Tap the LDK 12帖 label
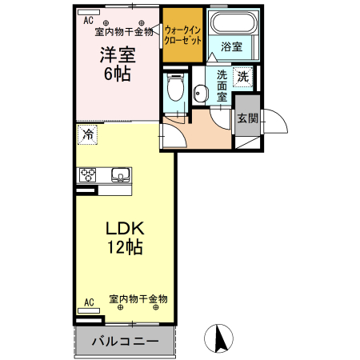(125, 238)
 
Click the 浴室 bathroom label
(233, 47)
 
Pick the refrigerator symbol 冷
(88, 134)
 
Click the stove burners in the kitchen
(87, 175)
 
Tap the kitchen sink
(121, 175)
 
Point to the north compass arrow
(217, 339)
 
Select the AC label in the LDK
(89, 302)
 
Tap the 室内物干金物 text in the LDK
(138, 299)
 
